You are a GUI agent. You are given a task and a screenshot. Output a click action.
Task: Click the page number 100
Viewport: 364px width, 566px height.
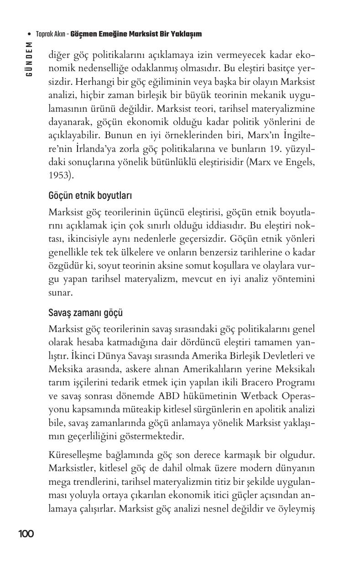pyautogui.click(x=26, y=534)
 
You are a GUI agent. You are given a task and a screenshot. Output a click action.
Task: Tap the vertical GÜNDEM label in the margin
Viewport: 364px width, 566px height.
pyautogui.click(x=29, y=59)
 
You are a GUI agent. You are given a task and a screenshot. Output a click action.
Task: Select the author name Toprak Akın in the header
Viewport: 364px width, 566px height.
pyautogui.click(x=50, y=34)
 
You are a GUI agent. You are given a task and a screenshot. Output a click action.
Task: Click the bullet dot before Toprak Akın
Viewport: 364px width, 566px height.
pyautogui.click(x=30, y=34)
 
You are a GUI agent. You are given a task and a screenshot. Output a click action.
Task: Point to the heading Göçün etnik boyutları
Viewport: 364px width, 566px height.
pyautogui.click(x=90, y=196)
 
